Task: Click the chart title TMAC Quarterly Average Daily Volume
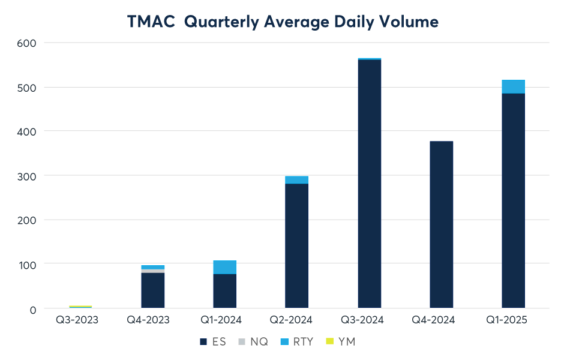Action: click(x=283, y=22)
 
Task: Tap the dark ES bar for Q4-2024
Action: click(x=441, y=224)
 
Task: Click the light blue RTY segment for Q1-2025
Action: click(x=513, y=86)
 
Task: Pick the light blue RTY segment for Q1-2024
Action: click(x=225, y=267)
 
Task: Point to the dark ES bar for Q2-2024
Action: click(x=297, y=246)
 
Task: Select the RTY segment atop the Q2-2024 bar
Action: click(x=297, y=179)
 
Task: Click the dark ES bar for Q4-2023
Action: click(x=153, y=290)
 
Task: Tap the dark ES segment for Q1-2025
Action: click(x=513, y=200)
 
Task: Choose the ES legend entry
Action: click(x=211, y=341)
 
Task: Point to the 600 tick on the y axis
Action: click(x=28, y=43)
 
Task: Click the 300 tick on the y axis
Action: click(x=28, y=176)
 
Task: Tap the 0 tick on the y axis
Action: click(x=32, y=309)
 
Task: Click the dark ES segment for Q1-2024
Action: click(x=225, y=291)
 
